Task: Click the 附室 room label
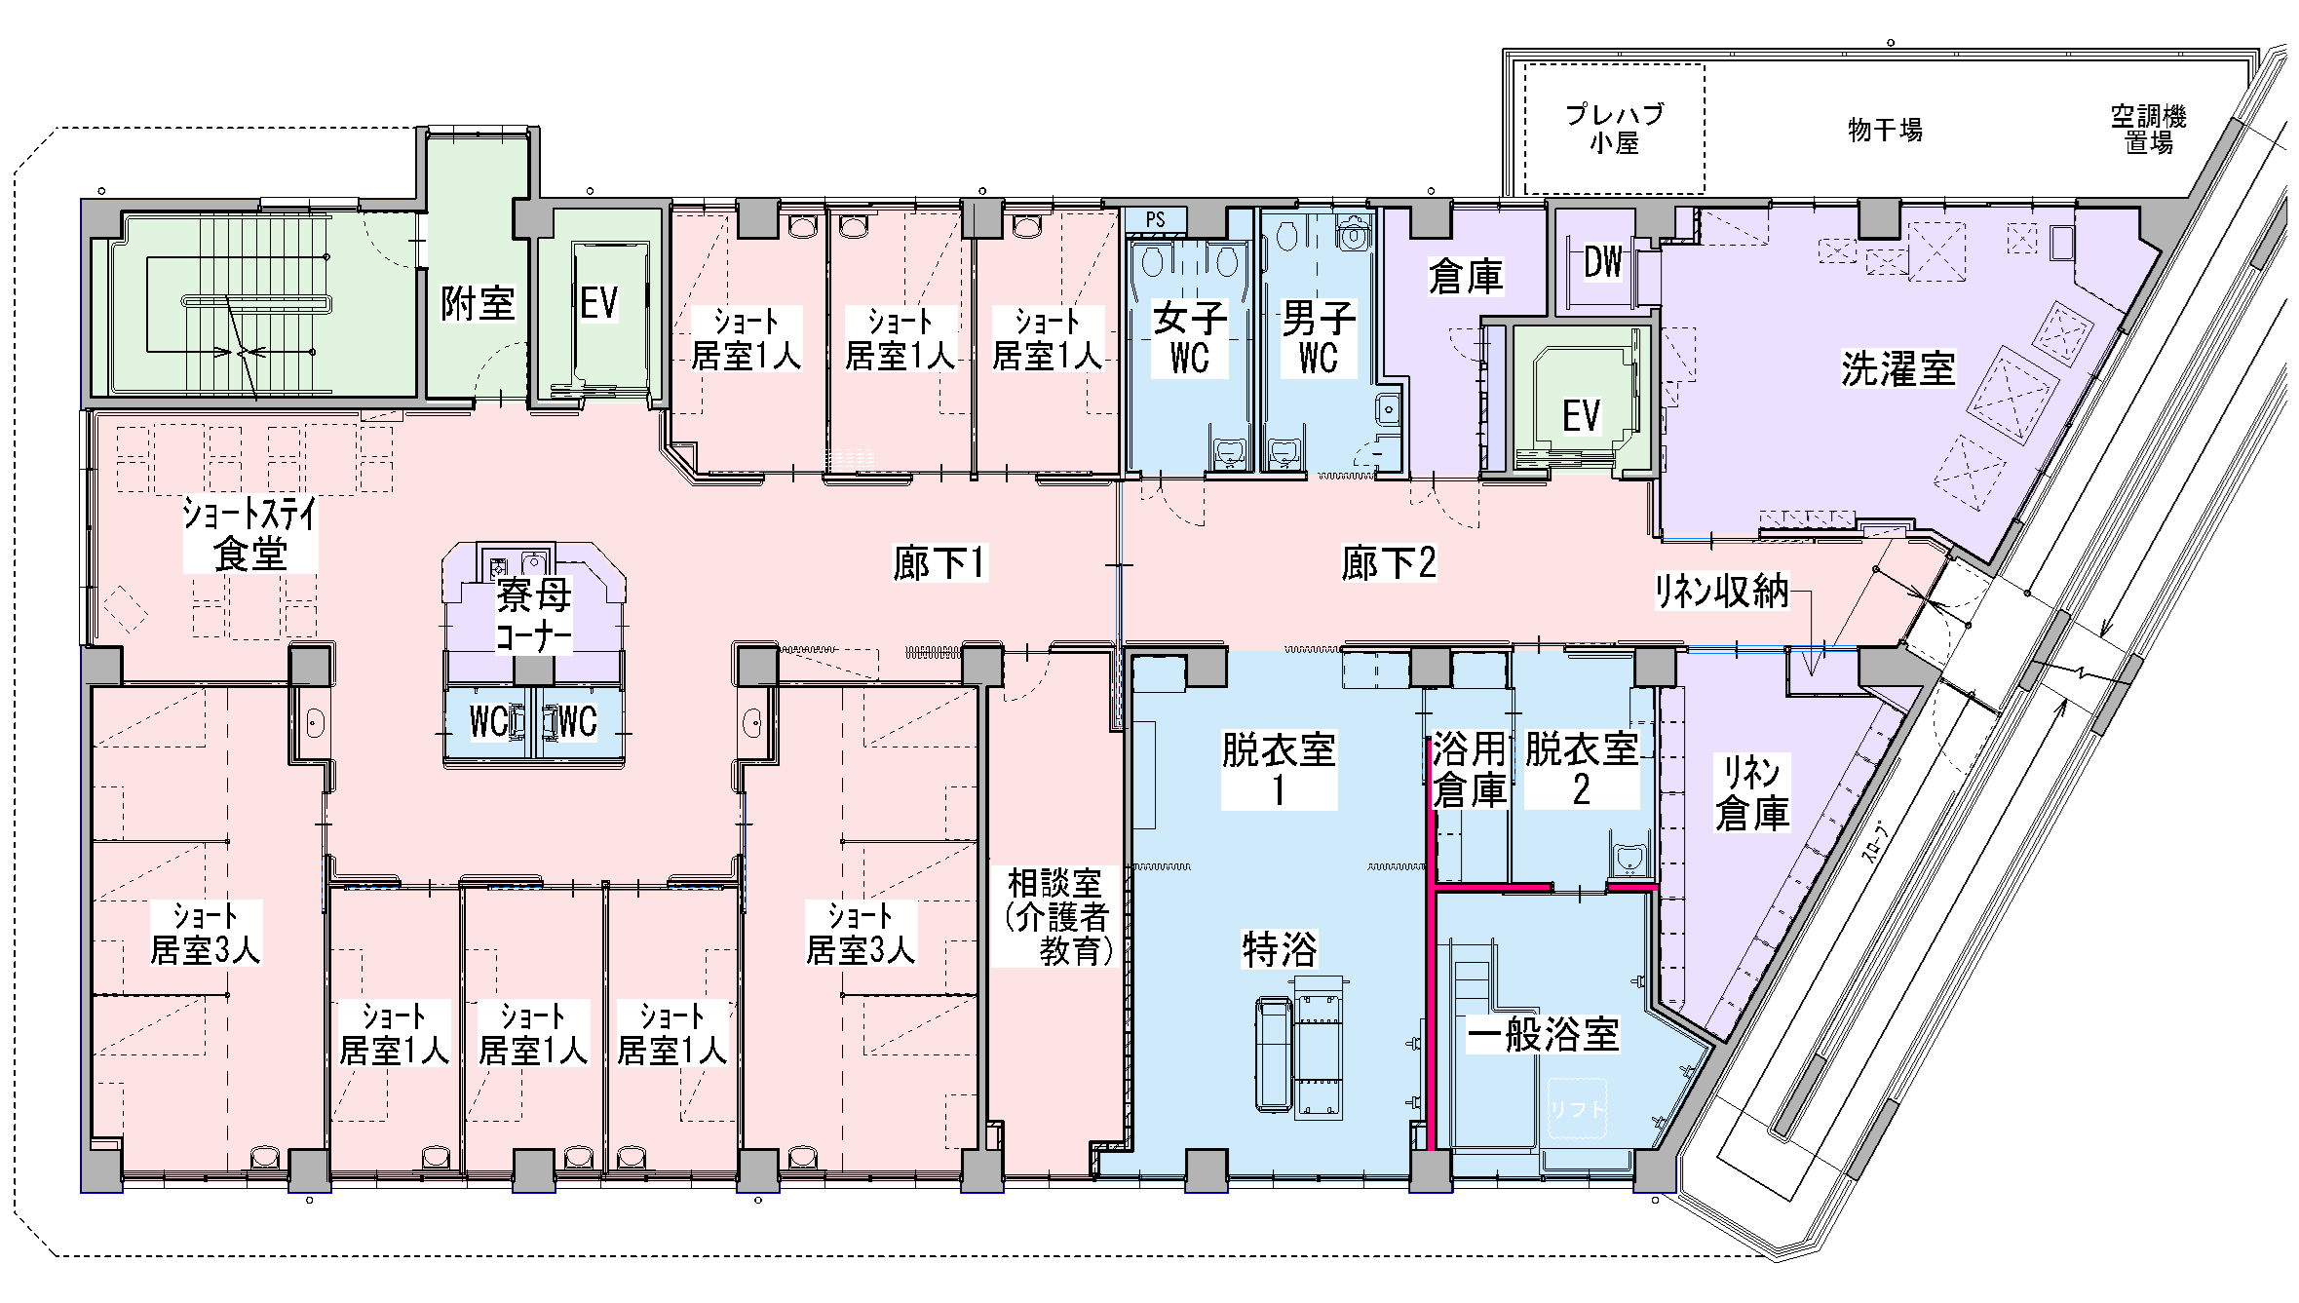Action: [x=478, y=303]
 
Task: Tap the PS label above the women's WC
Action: [x=1155, y=220]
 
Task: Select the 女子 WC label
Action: [x=1190, y=338]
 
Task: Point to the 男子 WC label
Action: [x=1318, y=338]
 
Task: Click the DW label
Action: [x=1603, y=261]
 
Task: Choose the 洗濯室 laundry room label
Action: [x=1898, y=368]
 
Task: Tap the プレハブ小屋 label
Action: [x=1615, y=129]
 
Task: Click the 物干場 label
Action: [x=1885, y=130]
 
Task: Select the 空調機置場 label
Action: [x=2149, y=130]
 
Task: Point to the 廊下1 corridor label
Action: [x=940, y=563]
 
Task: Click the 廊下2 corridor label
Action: [x=1389, y=563]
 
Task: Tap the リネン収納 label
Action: [x=1722, y=591]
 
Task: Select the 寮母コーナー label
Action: [x=534, y=615]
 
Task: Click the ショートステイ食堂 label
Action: [x=250, y=534]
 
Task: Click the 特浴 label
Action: [x=1280, y=948]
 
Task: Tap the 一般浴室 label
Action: [x=1543, y=1033]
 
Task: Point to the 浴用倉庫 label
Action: [x=1470, y=769]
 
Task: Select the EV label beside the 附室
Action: [x=599, y=302]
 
